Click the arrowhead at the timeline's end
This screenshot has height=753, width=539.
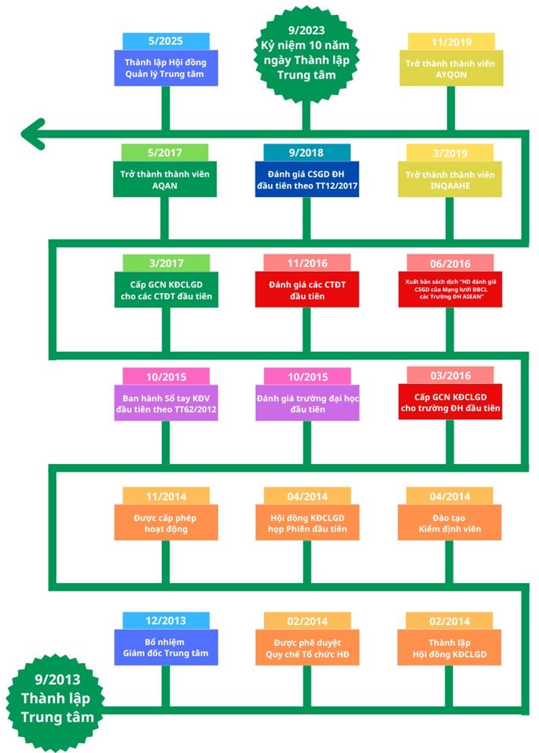pyautogui.click(x=33, y=134)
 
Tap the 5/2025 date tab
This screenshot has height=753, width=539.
pyautogui.click(x=165, y=41)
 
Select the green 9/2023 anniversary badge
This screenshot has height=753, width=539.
pyautogui.click(x=306, y=53)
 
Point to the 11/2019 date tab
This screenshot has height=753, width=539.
pyautogui.click(x=451, y=42)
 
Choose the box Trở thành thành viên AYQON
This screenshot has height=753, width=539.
pyautogui.click(x=451, y=68)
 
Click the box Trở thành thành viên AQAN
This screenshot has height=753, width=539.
pyautogui.click(x=165, y=179)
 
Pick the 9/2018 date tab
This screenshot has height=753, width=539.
pyautogui.click(x=306, y=153)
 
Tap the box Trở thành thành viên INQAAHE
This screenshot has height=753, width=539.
pyautogui.click(x=450, y=179)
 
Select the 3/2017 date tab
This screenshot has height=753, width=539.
pyautogui.click(x=166, y=263)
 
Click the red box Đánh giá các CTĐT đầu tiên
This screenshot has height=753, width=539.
pyautogui.click(x=307, y=290)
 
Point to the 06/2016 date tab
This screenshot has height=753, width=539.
pyautogui.click(x=450, y=263)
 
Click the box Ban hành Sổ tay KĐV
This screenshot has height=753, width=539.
pyautogui.click(x=166, y=403)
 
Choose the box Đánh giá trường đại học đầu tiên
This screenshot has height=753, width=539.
pyautogui.click(x=308, y=403)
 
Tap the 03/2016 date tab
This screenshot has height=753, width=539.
pyautogui.click(x=450, y=375)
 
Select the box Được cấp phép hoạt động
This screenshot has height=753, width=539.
pyautogui.click(x=166, y=522)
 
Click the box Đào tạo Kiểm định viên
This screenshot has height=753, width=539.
pyautogui.click(x=450, y=522)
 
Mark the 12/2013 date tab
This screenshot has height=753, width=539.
pyautogui.click(x=165, y=621)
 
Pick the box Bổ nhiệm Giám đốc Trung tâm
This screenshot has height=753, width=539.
pyautogui.click(x=166, y=647)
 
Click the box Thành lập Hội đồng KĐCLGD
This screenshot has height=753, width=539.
pyautogui.click(x=449, y=647)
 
